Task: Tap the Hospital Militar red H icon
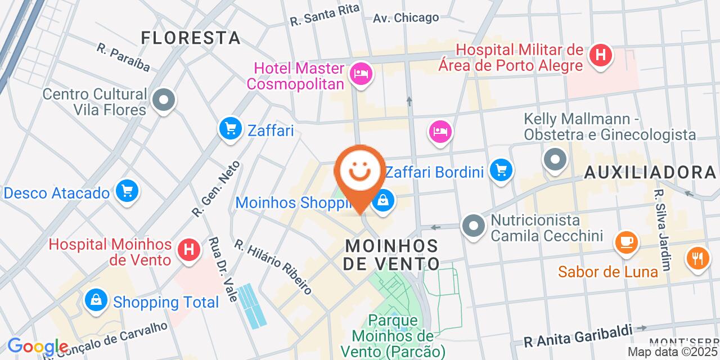click(600, 55)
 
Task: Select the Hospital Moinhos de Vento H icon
click(188, 249)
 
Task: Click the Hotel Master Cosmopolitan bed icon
click(360, 73)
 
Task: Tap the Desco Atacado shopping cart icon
click(127, 191)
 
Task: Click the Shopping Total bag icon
click(96, 300)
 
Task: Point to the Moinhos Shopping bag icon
click(383, 200)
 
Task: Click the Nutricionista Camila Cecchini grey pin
click(474, 226)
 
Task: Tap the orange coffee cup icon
click(626, 242)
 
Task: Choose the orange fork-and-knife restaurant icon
click(697, 258)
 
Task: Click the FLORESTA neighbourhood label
click(191, 38)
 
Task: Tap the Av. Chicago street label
click(406, 18)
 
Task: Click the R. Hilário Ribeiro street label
click(273, 267)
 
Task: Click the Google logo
click(38, 346)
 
